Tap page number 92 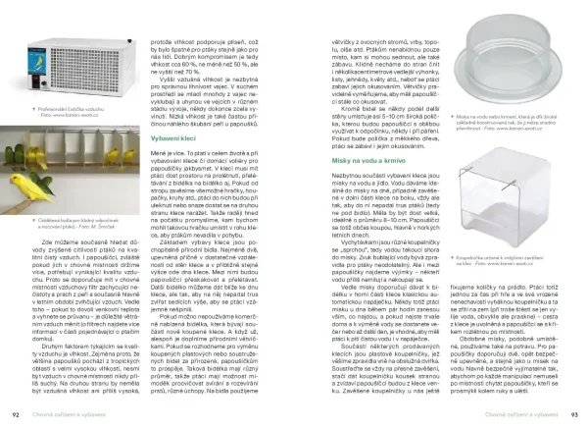click(15, 415)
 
